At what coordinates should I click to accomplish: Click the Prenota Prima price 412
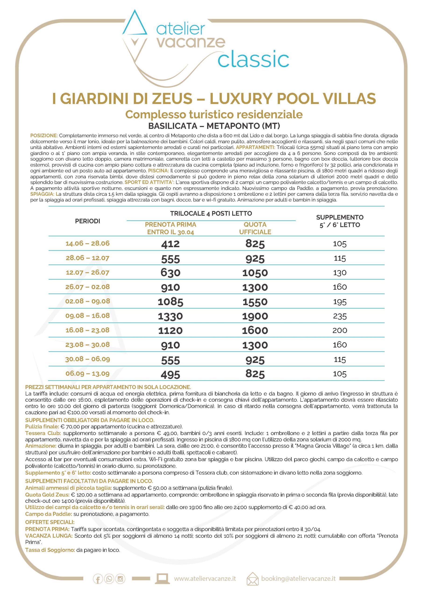[170, 244]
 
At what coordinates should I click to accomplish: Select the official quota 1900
[255, 316]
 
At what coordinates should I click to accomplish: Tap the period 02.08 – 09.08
[88, 301]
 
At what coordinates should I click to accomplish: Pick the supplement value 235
[340, 316]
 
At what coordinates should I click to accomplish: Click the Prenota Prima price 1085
[170, 302]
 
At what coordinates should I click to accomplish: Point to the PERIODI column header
[88, 221]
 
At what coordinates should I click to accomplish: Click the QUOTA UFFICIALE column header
[255, 228]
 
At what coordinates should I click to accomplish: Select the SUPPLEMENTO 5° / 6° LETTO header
[340, 221]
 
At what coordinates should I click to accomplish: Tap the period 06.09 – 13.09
[88, 374]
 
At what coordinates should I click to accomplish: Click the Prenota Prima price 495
[170, 374]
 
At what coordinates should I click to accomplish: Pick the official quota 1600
[255, 331]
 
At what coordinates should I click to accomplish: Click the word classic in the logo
[253, 60]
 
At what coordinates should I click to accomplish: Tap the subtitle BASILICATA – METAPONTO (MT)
[214, 126]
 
